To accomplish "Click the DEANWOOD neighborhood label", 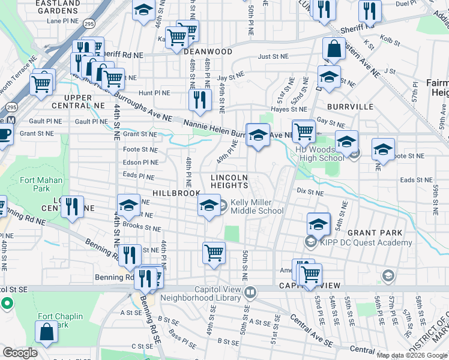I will [208, 52].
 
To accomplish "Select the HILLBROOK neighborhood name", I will [176, 193].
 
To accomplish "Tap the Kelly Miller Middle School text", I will [257, 207].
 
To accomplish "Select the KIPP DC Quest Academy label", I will [367, 242].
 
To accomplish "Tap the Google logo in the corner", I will [20, 352].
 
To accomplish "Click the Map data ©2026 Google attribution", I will [412, 355].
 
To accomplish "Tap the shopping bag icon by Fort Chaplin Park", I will [46, 331].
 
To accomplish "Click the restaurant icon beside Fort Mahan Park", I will [72, 207].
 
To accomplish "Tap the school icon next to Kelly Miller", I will [209, 206].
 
